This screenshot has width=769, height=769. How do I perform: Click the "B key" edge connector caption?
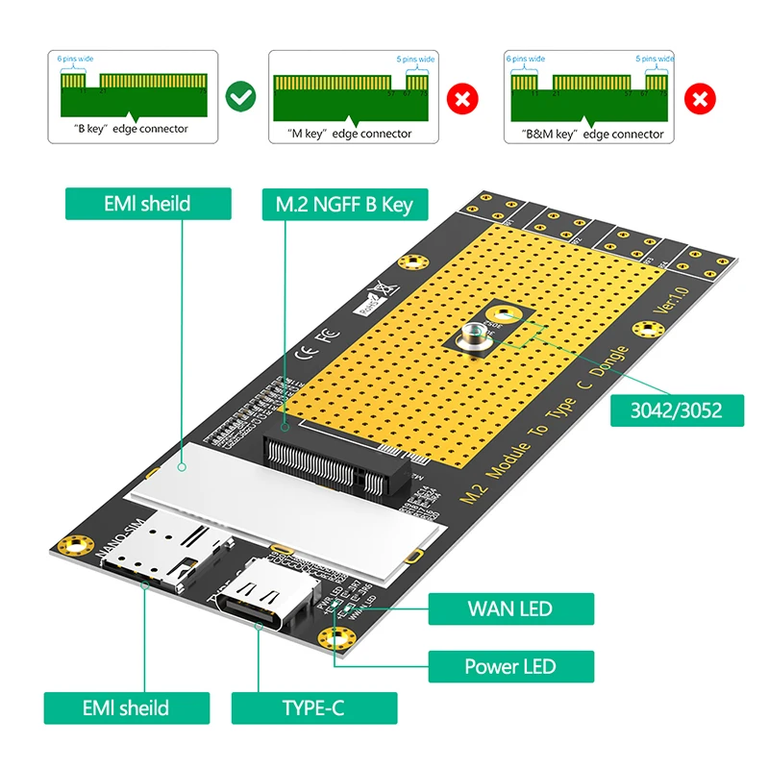(132, 128)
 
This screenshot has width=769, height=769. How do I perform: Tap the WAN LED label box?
(509, 608)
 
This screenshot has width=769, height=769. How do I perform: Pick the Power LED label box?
(509, 666)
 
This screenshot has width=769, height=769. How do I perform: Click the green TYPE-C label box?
(313, 708)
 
